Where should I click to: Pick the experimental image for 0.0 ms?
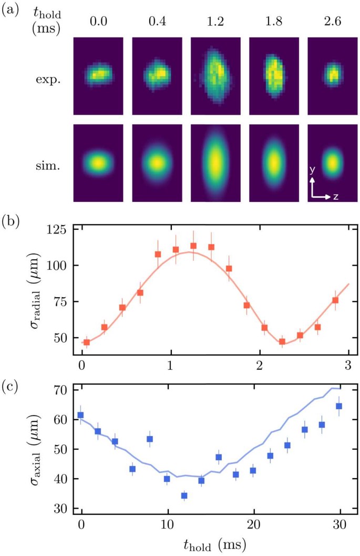[98, 76]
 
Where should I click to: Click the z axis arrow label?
[335, 197]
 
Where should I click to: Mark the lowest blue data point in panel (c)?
[184, 496]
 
